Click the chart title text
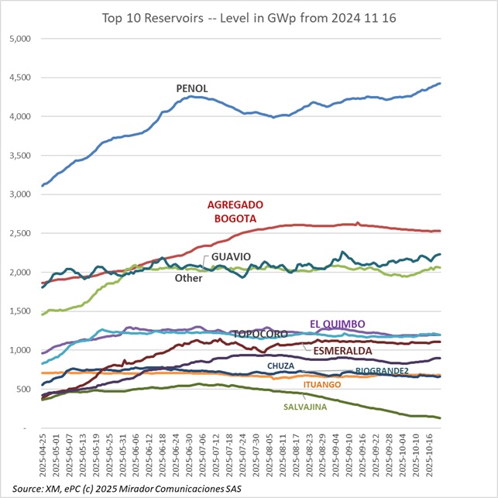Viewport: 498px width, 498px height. pos(249,16)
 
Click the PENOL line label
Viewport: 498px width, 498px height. pos(192,88)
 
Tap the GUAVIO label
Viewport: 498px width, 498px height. pos(232,256)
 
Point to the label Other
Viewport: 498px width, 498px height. pos(188,277)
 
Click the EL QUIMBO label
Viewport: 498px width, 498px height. pos(338,324)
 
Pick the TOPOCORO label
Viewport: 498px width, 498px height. pos(260,334)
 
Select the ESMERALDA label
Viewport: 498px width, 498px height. pos(342,351)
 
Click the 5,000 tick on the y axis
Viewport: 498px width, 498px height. pos(17,39)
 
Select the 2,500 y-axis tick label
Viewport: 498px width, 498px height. pos(17,233)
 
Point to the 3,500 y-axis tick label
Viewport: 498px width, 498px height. pos(17,156)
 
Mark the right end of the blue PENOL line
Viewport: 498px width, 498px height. pos(440,84)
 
